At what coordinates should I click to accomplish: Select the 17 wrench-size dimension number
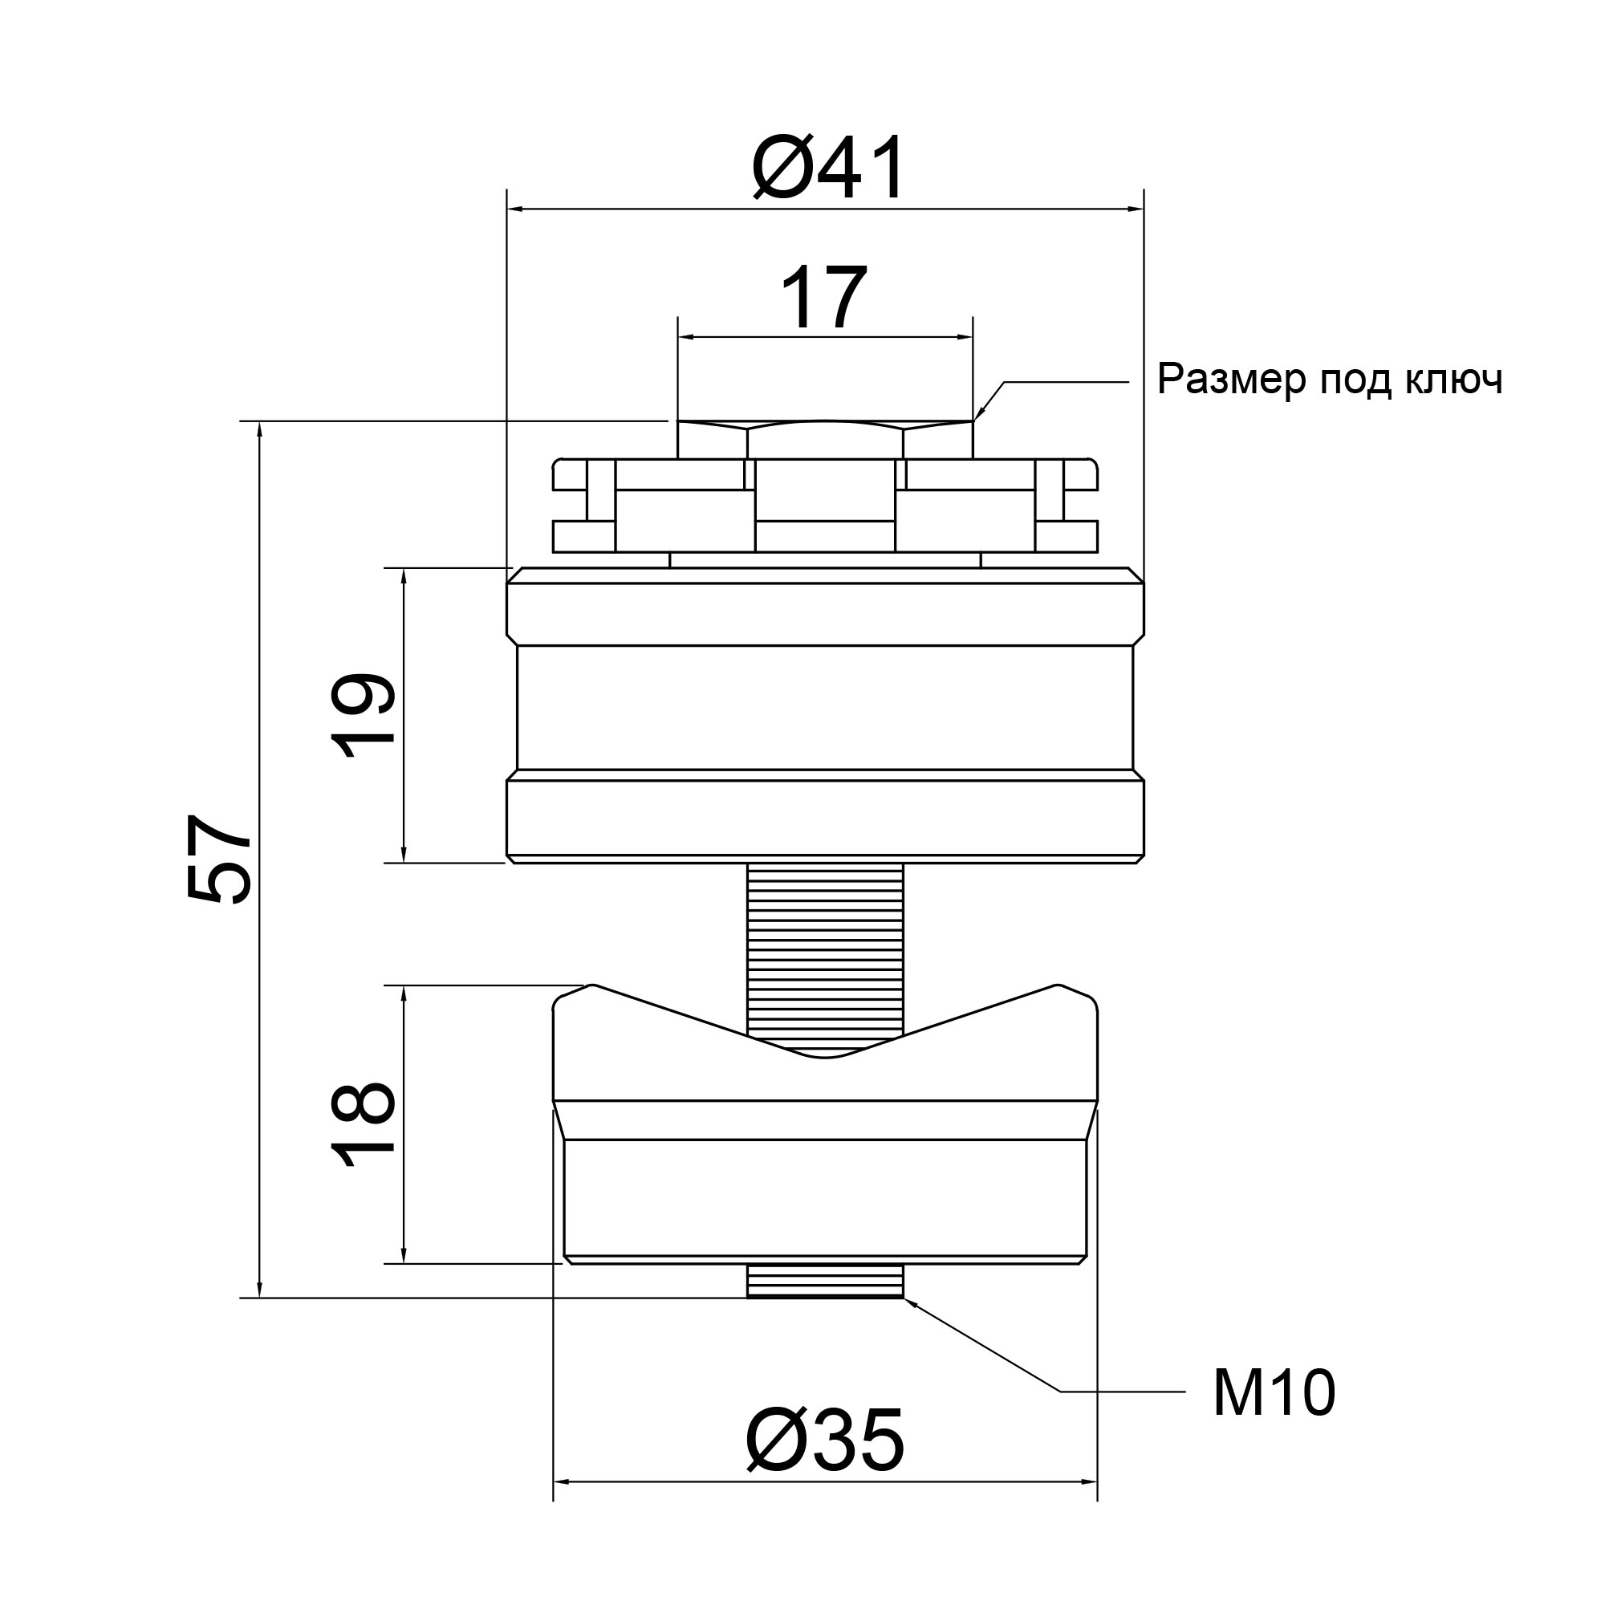click(x=824, y=298)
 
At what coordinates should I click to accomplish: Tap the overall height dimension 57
click(x=218, y=857)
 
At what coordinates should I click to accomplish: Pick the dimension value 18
click(x=363, y=1126)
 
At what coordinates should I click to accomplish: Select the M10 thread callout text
click(x=1274, y=1393)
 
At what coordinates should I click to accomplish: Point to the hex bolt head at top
click(x=825, y=440)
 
